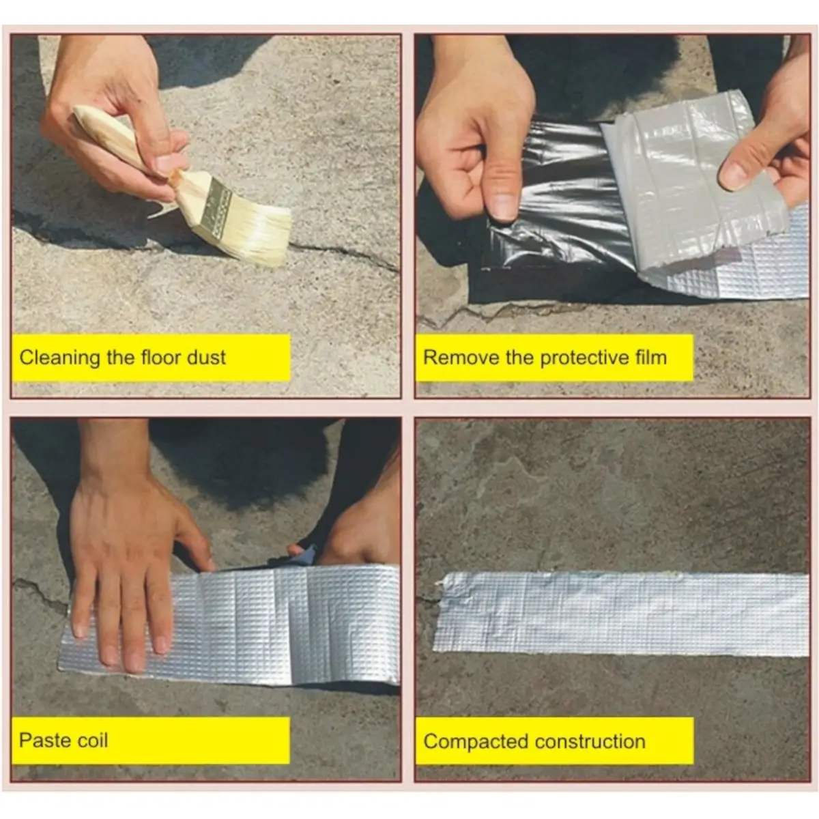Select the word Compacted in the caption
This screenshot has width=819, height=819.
click(476, 742)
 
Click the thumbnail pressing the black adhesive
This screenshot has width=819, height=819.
click(502, 207)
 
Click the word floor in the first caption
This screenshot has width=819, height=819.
click(160, 357)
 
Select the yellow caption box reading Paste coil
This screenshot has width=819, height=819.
click(151, 741)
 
